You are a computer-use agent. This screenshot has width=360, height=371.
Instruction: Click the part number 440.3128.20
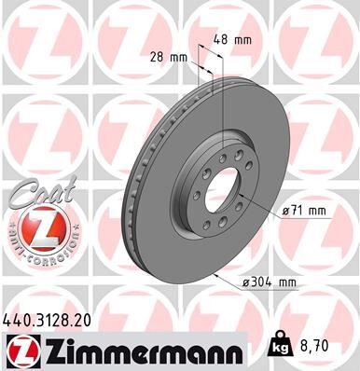coord(54,319)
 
